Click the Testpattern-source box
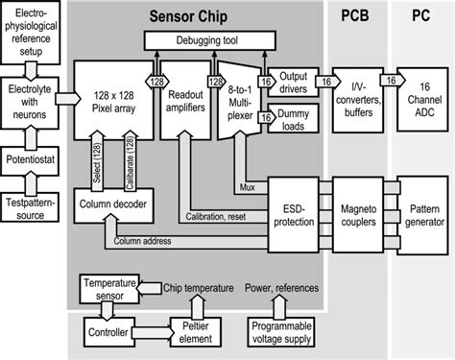(x=34, y=209)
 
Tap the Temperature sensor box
(x=108, y=289)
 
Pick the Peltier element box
(x=195, y=329)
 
